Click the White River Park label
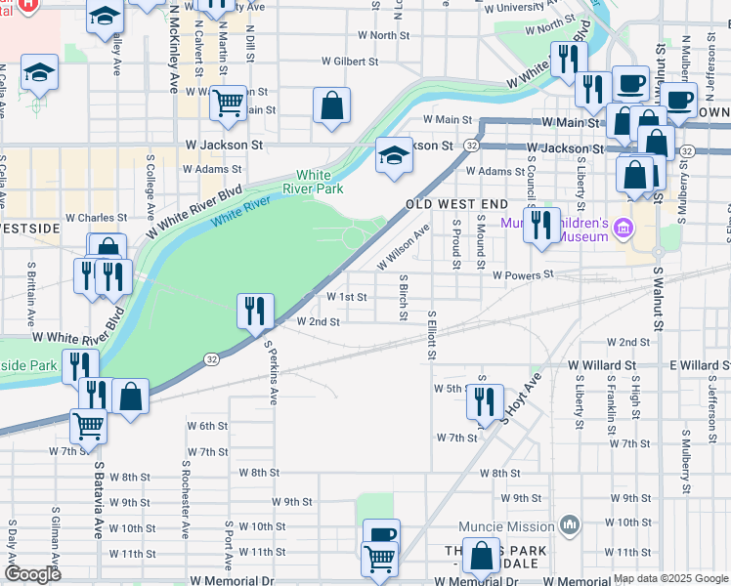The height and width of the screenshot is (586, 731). [314, 181]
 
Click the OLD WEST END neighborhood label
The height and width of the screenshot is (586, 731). [457, 204]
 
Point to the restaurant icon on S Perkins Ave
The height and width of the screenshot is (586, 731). [255, 312]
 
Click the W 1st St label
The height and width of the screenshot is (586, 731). [347, 297]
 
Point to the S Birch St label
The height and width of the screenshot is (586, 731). [403, 296]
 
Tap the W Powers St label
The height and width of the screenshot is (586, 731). [523, 275]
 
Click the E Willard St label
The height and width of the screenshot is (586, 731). [700, 365]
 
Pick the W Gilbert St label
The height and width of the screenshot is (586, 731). [355, 62]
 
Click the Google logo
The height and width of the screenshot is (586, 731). [33, 574]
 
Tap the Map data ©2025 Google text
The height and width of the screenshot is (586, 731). [670, 578]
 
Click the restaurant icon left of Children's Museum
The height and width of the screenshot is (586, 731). [541, 225]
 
